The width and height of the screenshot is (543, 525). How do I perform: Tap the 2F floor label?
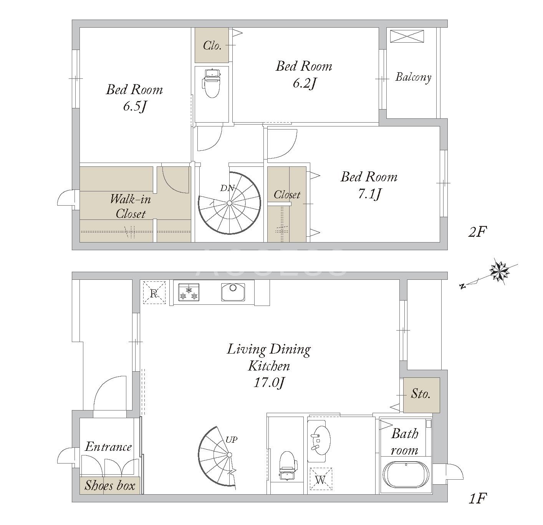tap(477, 232)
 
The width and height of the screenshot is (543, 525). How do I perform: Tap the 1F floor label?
tap(478, 498)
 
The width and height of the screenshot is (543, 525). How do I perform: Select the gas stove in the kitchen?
tap(189, 292)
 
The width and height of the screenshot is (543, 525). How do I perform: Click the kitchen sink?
tap(233, 292)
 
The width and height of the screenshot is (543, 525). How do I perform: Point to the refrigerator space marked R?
tap(154, 292)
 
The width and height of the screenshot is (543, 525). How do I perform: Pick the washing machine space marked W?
tap(321, 478)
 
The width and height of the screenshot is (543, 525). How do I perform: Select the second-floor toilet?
tap(212, 83)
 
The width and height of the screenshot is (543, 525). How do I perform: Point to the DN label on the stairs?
tap(227, 188)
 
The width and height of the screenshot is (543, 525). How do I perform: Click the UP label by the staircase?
tap(231, 440)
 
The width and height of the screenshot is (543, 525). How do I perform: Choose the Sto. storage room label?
tap(420, 394)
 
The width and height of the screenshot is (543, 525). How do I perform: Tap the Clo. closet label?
tap(212, 45)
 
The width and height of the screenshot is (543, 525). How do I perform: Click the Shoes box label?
tap(110, 485)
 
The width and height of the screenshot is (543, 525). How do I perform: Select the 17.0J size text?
tap(269, 382)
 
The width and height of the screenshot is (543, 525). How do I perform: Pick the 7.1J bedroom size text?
tap(369, 194)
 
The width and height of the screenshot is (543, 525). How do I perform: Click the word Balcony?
tap(413, 77)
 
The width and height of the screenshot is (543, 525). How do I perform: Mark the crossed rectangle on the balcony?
tap(407, 36)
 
